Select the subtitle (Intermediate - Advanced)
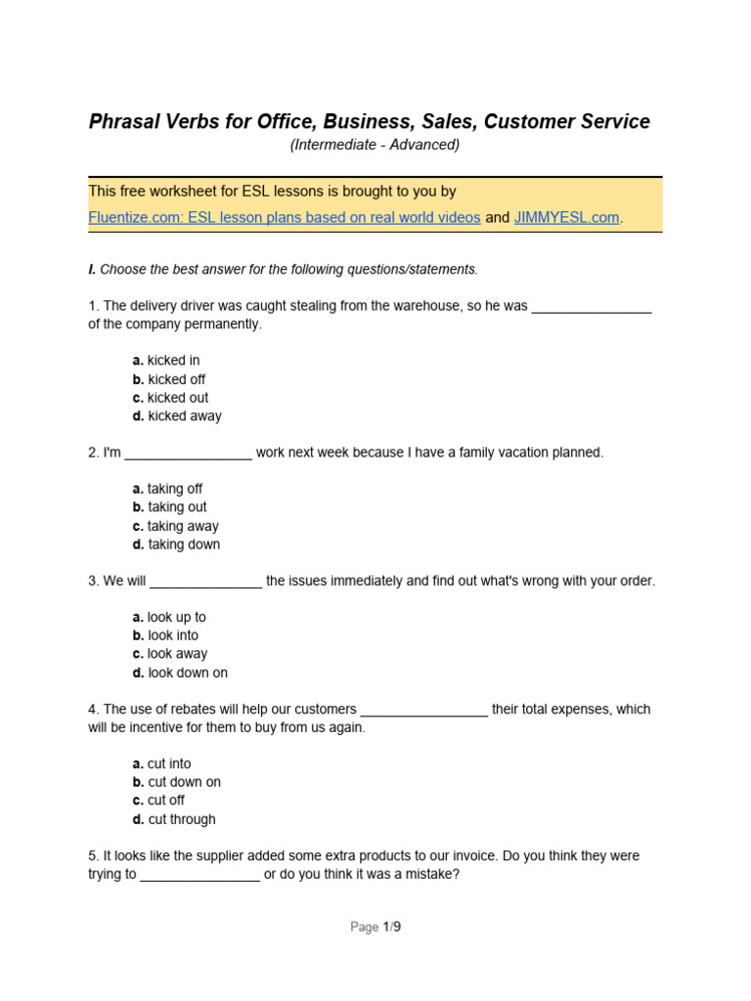pos(375,145)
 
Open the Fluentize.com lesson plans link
pos(284,218)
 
